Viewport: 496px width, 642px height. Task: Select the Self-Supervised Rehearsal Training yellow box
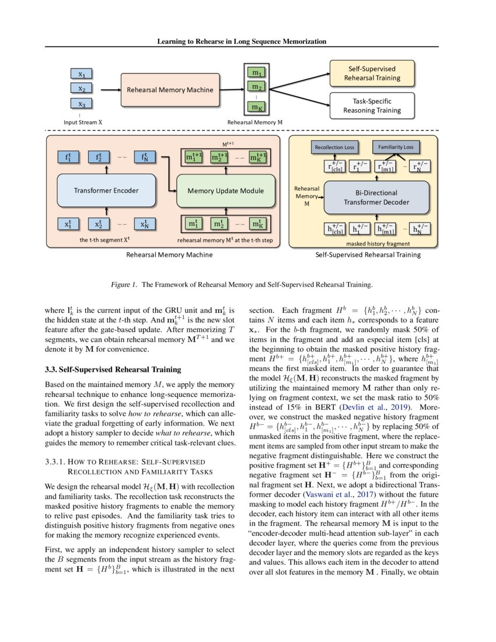[x=372, y=73]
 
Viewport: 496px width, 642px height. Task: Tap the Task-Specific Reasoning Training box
[x=372, y=105]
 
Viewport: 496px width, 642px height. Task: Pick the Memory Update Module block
[x=225, y=190]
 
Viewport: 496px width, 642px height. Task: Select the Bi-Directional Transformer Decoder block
[x=377, y=197]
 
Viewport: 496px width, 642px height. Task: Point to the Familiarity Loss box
[x=395, y=148]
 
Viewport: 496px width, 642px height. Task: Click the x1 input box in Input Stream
[x=82, y=75]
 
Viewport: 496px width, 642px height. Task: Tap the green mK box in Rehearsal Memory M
[x=256, y=107]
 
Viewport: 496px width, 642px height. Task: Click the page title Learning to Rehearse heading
[x=242, y=41]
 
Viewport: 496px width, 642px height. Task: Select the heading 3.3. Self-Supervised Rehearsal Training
[x=105, y=369]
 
